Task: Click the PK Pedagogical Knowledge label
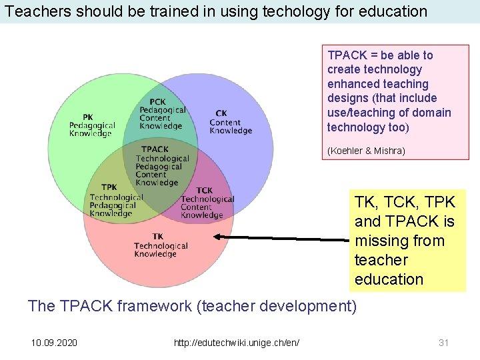coord(92,125)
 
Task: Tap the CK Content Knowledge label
coord(231,122)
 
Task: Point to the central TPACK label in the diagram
coord(162,166)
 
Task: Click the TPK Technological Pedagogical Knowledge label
coord(116,201)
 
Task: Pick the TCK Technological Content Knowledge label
coord(207,203)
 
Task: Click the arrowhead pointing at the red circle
coord(219,237)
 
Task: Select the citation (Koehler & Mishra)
coord(366,151)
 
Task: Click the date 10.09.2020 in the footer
coord(54,343)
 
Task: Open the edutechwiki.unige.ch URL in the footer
coord(236,343)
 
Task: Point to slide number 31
coord(443,343)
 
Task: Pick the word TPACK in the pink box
coord(345,55)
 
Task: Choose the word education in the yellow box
coord(389,279)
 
